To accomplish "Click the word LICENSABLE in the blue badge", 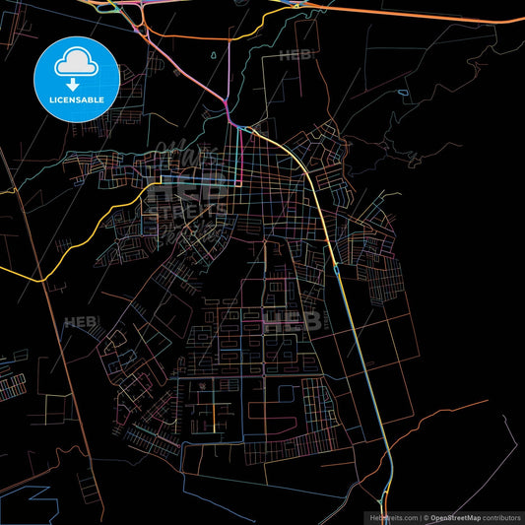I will pos(77,99).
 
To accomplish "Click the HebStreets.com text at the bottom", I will pos(391,516).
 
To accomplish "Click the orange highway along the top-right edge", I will pos(424,14).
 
